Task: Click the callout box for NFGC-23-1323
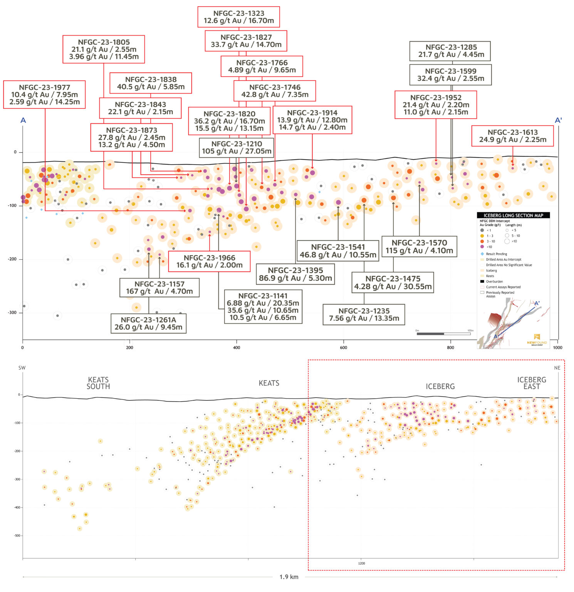pos(238,17)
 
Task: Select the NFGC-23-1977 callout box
pos(44,94)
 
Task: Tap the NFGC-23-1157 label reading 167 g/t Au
pos(159,288)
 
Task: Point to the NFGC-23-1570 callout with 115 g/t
pos(419,247)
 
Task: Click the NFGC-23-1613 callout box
pos(512,136)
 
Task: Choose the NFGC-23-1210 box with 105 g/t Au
pos(237,148)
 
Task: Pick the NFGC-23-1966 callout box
pos(209,261)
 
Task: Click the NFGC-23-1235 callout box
pos(364,314)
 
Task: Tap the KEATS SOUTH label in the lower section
pos(98,383)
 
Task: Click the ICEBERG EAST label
pos(532,383)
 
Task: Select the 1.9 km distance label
pos(289,577)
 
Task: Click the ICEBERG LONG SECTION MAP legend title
pos(513,215)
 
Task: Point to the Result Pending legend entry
pos(496,254)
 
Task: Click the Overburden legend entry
pos(494,281)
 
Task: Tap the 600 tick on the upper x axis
pos(343,348)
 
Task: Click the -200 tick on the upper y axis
pos(12,259)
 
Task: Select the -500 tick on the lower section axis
pos(17,536)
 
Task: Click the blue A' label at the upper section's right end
pos(558,120)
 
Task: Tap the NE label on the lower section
pos(557,368)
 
